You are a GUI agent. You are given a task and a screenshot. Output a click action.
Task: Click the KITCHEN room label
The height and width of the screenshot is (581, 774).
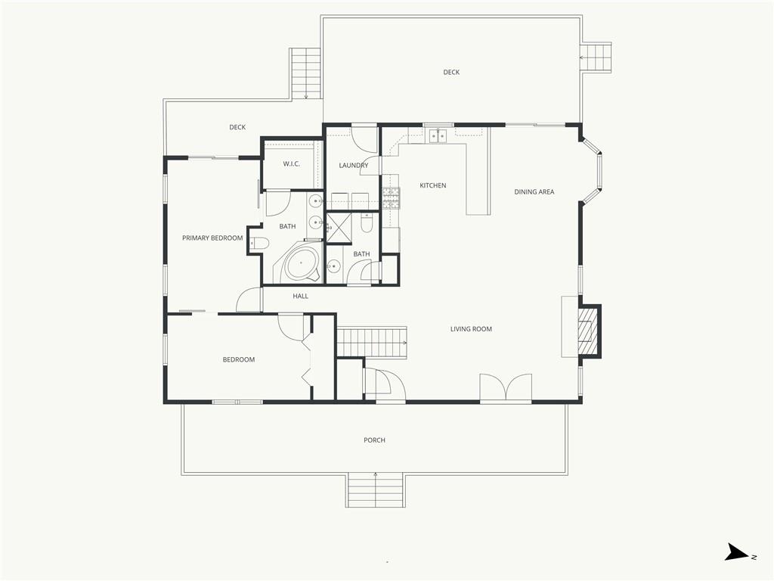(433, 185)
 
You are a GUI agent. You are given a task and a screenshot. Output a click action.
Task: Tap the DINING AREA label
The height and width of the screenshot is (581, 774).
(534, 191)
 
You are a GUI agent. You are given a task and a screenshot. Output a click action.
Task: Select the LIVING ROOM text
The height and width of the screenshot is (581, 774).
(471, 329)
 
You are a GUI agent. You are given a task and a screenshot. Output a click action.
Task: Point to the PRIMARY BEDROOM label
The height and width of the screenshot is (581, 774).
(212, 238)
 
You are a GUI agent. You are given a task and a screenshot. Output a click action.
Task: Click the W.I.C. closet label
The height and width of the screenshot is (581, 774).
(291, 164)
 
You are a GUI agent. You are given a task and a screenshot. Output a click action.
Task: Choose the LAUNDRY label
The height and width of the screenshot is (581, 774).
(354, 166)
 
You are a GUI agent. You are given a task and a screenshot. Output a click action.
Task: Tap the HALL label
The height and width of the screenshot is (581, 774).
(300, 297)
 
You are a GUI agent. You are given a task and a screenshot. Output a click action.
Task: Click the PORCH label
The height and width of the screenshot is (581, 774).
(374, 440)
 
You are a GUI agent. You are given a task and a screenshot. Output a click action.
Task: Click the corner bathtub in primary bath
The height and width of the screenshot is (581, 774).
(299, 263)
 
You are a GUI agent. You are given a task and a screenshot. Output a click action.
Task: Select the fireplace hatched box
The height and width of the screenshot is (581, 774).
(586, 331)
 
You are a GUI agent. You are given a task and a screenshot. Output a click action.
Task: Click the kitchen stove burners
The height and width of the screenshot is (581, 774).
(391, 198)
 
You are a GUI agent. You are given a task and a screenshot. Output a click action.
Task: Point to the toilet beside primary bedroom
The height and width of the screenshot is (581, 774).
(259, 243)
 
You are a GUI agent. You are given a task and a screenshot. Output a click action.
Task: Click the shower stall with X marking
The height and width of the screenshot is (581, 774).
(339, 228)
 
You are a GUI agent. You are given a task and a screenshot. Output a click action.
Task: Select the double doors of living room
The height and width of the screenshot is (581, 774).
(506, 387)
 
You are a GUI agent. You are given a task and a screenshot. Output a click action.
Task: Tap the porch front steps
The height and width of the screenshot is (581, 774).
(376, 489)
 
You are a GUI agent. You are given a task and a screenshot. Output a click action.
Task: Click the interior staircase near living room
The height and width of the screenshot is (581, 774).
(372, 341)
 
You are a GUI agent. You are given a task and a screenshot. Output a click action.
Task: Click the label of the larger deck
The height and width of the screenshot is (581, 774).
(451, 73)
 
